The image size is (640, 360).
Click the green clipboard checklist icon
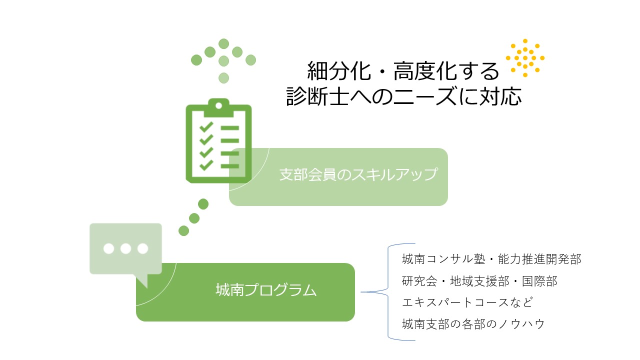point(218,140)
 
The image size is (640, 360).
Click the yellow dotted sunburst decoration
point(525,58)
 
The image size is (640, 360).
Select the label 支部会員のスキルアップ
point(358,174)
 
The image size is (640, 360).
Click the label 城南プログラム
point(266,290)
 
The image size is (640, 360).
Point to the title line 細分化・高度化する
point(403,71)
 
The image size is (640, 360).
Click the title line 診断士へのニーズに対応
point(403,96)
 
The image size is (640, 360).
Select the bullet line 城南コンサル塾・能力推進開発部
point(491,259)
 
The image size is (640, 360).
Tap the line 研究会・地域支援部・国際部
point(479,281)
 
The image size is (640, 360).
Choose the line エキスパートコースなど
point(467,302)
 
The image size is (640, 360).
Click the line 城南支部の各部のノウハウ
point(473,324)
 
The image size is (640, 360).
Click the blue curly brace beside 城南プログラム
point(388,292)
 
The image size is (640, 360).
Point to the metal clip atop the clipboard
point(218,107)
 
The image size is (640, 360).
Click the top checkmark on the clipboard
point(206,126)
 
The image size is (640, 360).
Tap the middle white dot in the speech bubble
point(125,248)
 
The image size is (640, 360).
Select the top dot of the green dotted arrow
point(223,44)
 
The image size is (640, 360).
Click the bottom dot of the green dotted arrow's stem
point(223,77)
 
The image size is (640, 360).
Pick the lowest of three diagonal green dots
point(183,231)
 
